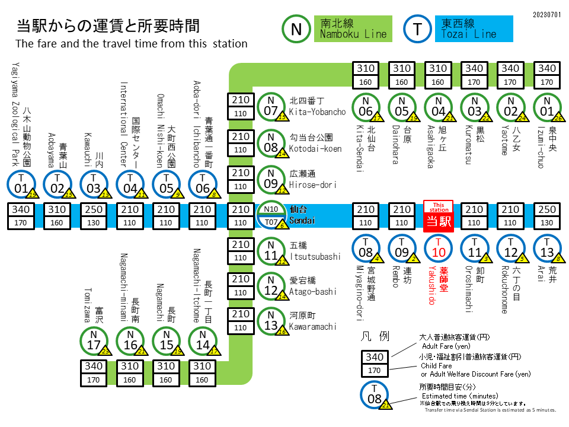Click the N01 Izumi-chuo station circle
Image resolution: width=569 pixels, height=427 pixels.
(547, 107)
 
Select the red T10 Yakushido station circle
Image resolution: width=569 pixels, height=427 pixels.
(439, 248)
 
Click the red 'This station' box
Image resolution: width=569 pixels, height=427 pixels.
(439, 216)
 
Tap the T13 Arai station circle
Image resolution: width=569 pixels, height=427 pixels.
(547, 248)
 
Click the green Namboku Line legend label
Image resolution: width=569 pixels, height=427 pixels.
(354, 29)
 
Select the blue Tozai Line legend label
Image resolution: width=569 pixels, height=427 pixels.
(476, 29)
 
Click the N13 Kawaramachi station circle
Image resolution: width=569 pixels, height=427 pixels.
(271, 321)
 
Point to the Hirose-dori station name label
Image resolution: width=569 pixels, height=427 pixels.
(312, 180)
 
